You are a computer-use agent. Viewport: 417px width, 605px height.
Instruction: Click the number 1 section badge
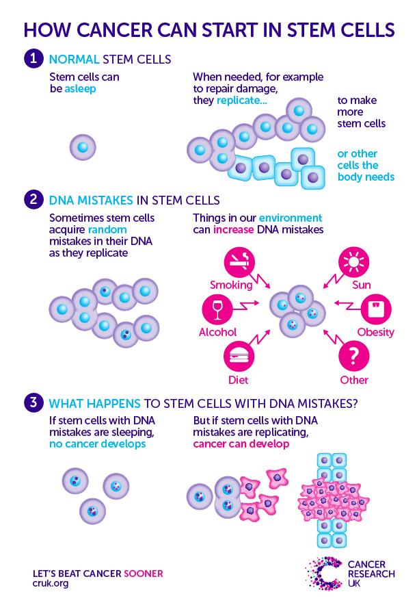pyautogui.click(x=32, y=57)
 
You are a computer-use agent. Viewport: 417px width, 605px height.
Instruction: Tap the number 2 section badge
pyautogui.click(x=32, y=200)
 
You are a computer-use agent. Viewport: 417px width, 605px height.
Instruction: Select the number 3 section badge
pyautogui.click(x=32, y=402)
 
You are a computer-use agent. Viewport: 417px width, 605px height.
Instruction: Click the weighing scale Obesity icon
pyautogui.click(x=377, y=309)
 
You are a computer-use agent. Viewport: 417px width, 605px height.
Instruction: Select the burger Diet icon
pyautogui.click(x=241, y=356)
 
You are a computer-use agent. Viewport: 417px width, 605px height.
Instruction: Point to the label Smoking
pyautogui.click(x=230, y=284)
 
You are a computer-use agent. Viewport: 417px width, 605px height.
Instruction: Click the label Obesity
pyautogui.click(x=376, y=333)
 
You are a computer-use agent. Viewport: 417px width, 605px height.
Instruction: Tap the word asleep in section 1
pyautogui.click(x=81, y=89)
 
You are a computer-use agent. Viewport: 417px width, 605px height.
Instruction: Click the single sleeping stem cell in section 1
pyautogui.click(x=83, y=147)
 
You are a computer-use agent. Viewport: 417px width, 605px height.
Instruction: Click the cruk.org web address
pyautogui.click(x=51, y=584)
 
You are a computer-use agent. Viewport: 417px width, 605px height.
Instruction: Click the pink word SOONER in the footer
pyautogui.click(x=143, y=573)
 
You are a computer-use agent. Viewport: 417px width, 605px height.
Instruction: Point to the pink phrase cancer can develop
pyautogui.click(x=241, y=443)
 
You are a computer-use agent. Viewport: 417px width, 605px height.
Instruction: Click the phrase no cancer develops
pyautogui.click(x=90, y=443)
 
